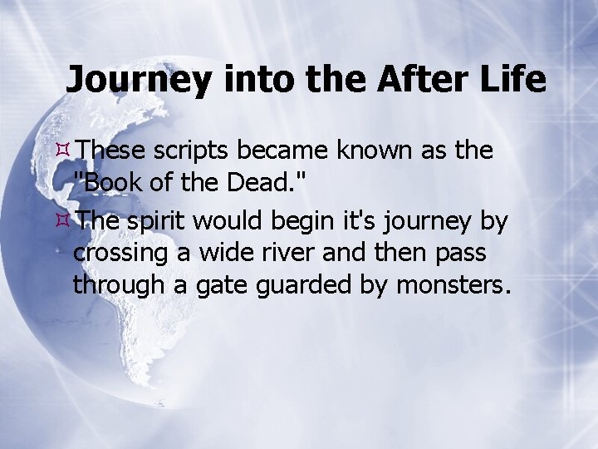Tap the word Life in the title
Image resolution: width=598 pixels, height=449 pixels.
(x=516, y=80)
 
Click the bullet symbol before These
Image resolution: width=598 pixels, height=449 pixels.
(x=64, y=150)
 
